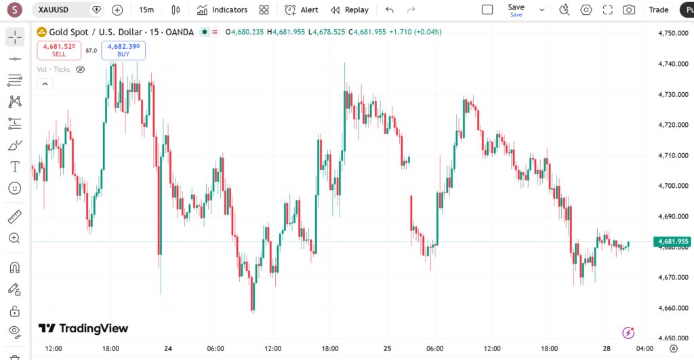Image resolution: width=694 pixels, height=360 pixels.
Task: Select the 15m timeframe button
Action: click(x=146, y=10)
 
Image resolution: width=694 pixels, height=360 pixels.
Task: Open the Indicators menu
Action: click(x=222, y=10)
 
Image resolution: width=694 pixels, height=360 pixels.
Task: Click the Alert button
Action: click(x=302, y=10)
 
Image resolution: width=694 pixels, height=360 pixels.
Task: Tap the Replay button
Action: click(x=350, y=10)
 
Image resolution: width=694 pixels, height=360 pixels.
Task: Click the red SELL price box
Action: click(x=59, y=49)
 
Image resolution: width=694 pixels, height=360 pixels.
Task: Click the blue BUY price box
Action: click(x=123, y=49)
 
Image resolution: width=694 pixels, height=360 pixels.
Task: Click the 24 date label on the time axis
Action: click(x=168, y=348)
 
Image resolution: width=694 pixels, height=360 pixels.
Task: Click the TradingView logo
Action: click(x=83, y=328)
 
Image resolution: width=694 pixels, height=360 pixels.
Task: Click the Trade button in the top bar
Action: click(x=658, y=10)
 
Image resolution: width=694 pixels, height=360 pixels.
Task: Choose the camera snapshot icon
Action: click(x=629, y=10)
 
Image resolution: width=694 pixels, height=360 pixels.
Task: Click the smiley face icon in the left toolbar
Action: click(x=15, y=188)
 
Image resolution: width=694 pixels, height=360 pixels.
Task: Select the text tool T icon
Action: click(x=15, y=167)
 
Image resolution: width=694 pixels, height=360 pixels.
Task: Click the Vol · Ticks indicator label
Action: click(x=54, y=69)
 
